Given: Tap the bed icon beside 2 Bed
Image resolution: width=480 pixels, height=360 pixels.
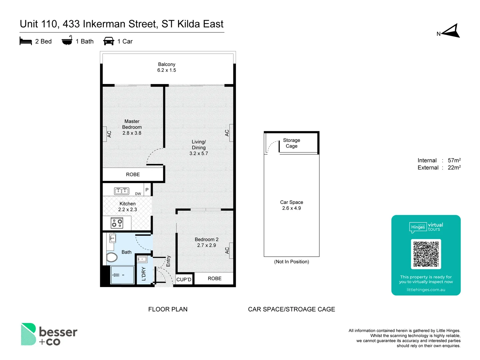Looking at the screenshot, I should (x=26, y=41).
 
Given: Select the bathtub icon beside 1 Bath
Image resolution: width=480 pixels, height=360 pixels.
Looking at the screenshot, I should (x=67, y=40).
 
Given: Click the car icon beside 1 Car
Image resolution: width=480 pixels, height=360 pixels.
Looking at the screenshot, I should (x=109, y=41).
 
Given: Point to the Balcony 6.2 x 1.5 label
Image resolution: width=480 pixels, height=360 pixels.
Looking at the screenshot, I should (x=167, y=67).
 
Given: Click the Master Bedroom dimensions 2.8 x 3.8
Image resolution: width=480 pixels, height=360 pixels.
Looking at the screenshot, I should (x=132, y=133).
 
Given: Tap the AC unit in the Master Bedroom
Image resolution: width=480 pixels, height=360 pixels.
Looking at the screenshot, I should (x=104, y=134).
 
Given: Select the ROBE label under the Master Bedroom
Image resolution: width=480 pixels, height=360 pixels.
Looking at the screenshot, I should (x=133, y=174).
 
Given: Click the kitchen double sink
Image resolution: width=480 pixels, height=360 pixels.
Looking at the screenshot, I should (x=122, y=191).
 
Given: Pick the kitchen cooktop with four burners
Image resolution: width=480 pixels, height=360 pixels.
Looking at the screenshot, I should (x=117, y=223).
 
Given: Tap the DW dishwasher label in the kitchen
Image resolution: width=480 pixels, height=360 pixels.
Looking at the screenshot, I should (x=138, y=194).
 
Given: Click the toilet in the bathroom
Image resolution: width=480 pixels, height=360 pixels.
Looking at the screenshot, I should (x=112, y=257).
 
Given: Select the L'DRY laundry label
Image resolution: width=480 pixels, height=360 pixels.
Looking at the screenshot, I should (x=144, y=274).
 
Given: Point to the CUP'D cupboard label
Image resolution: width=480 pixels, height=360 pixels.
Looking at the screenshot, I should (x=184, y=279).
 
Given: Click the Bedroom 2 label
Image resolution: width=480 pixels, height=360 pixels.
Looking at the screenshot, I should (x=206, y=239).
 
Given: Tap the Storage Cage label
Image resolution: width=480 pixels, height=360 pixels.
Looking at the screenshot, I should (x=291, y=143).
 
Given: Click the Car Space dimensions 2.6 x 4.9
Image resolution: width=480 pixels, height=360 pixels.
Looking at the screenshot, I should (x=291, y=208).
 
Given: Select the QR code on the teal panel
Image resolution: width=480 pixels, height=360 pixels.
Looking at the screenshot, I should (x=426, y=254).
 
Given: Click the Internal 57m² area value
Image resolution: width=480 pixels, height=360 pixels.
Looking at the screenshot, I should (x=454, y=160).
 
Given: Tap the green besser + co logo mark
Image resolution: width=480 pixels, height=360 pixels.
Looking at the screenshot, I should (x=28, y=334).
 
